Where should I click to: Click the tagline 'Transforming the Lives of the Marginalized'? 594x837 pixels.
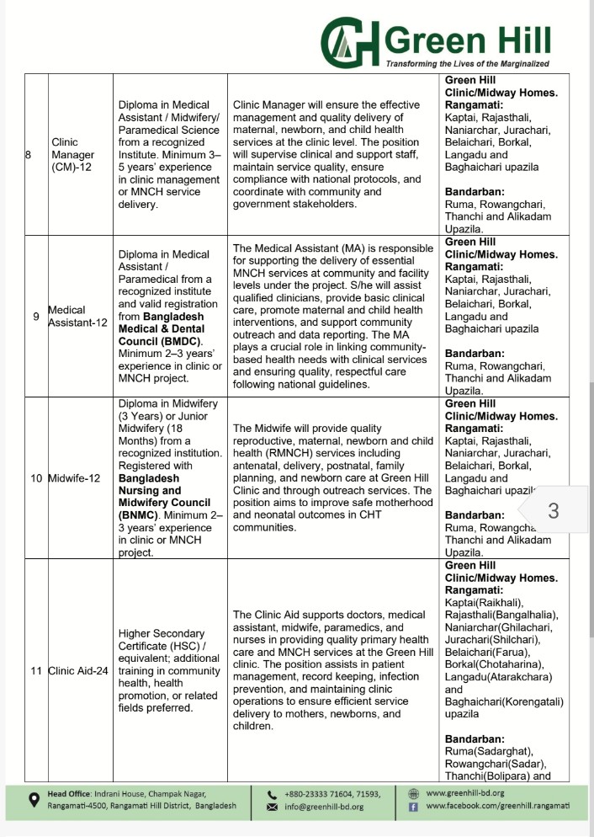pyautogui.click(x=467, y=65)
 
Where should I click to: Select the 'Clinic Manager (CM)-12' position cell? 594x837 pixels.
pyautogui.click(x=73, y=155)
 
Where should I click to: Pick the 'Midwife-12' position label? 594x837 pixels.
pyautogui.click(x=75, y=478)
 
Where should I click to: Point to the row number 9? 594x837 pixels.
pyautogui.click(x=34, y=317)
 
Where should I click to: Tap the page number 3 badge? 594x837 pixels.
pyautogui.click(x=553, y=510)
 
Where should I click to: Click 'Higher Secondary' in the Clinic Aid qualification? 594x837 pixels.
pyautogui.click(x=162, y=633)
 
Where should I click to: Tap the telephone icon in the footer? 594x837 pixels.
pyautogui.click(x=272, y=793)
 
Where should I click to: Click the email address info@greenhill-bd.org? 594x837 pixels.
pyautogui.click(x=324, y=807)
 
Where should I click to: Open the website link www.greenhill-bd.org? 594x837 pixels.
pyautogui.click(x=465, y=792)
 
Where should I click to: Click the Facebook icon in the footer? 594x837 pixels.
pyautogui.click(x=413, y=807)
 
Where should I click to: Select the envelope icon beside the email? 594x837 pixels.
pyautogui.click(x=272, y=807)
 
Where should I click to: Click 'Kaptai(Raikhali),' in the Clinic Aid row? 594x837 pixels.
pyautogui.click(x=484, y=602)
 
